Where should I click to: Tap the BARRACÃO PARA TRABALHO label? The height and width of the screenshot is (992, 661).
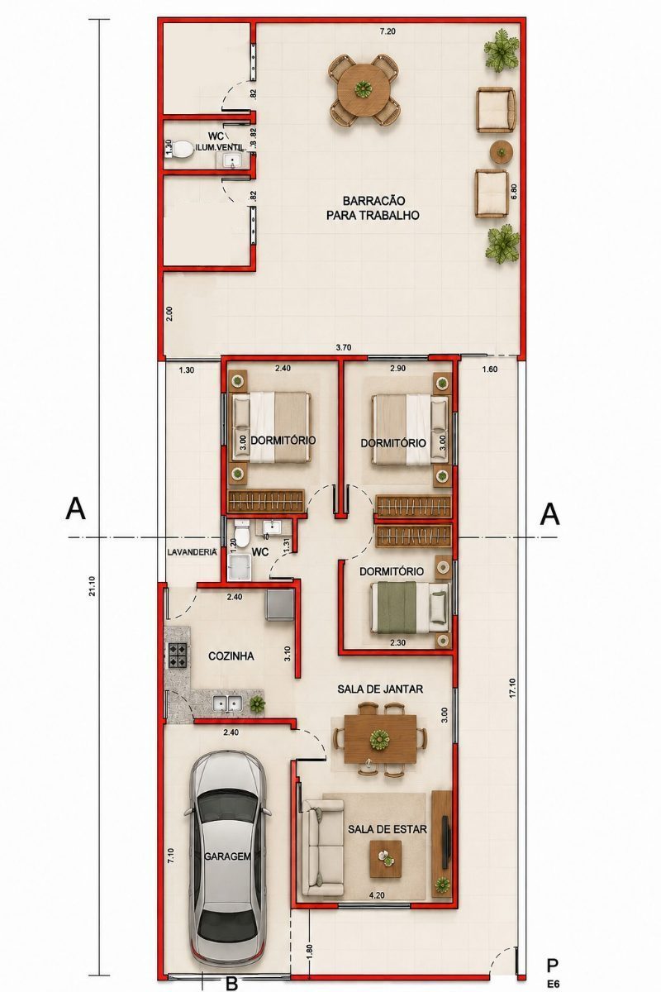373,207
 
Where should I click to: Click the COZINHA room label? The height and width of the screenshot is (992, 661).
231,656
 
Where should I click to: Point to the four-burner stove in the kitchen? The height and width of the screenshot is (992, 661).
177,655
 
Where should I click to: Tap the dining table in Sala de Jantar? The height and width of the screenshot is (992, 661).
380,739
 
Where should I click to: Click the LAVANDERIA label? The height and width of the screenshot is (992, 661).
193,552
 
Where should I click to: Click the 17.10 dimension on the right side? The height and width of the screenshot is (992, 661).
512,687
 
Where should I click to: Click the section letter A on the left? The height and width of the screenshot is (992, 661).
75,508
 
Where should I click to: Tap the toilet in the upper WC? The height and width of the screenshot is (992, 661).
179,150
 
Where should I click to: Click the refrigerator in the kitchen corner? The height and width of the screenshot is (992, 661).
279,605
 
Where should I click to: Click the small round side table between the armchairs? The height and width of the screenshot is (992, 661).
502,152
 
